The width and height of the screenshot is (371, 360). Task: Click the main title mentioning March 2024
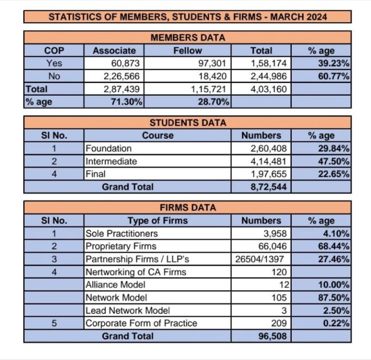(187, 17)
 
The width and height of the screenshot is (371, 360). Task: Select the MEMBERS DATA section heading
(187, 37)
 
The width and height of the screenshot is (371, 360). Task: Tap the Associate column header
(114, 50)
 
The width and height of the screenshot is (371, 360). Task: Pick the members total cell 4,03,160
(269, 89)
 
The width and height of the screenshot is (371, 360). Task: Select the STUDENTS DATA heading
(187, 123)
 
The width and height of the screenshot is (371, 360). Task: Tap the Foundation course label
(108, 148)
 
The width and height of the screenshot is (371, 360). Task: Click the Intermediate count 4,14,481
(269, 161)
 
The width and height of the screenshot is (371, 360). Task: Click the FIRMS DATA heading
(187, 208)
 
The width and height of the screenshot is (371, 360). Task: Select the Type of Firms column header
(157, 221)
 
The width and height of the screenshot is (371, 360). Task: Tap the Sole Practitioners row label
(122, 233)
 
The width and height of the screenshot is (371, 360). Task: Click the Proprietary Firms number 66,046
(274, 246)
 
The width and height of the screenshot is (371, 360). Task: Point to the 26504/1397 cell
(261, 259)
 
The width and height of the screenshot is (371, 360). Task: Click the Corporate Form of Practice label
(141, 323)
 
